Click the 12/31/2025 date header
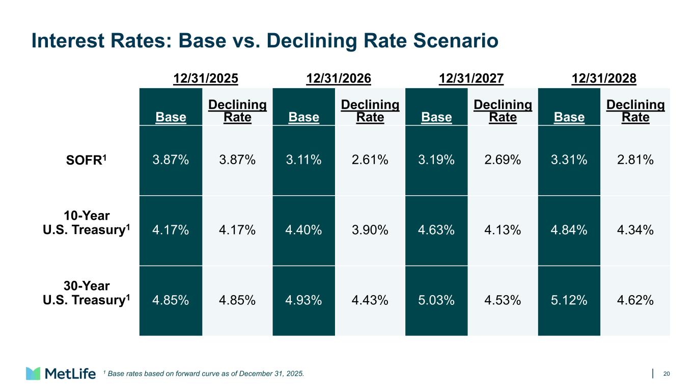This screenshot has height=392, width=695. pos(206,79)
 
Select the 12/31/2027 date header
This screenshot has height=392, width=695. pos(471,79)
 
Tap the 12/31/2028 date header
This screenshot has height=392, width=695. pos(604,79)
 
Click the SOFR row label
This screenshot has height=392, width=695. pos(86,160)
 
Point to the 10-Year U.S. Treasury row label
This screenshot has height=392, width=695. pos(86,223)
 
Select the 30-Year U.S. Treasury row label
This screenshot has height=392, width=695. pos(86,293)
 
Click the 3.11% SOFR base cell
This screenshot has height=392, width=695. pos(303,160)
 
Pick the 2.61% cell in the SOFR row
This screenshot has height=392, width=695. pos(370,160)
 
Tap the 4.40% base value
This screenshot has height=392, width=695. pos(303,230)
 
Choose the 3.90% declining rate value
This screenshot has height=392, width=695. pos(370,230)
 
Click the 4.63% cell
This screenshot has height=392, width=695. pos(436,230)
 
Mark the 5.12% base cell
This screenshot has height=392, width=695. pos(569,300)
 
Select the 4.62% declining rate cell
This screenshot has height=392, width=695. pos(635,300)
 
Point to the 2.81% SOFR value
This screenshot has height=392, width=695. pos(635,160)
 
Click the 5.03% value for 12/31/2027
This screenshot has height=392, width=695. pos(436,300)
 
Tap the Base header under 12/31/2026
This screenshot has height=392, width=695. pos(304,117)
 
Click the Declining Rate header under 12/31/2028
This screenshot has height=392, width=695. pos(635,111)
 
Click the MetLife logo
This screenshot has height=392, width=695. pos(61,373)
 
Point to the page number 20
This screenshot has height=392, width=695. pos(666,374)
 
